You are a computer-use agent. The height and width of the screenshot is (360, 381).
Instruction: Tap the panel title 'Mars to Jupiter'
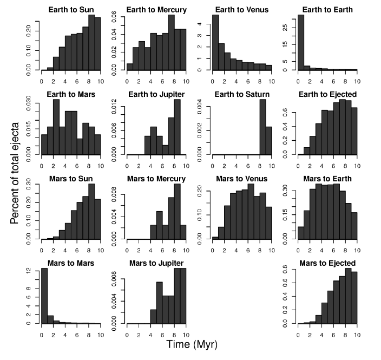point(157,264)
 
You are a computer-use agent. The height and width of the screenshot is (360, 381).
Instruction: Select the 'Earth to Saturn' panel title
point(242,94)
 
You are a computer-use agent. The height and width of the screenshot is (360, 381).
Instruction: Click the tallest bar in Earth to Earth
point(300,42)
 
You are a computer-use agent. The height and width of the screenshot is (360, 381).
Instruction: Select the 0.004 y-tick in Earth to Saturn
point(203,107)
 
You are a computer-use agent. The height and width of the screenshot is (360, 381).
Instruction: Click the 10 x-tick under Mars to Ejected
point(356,330)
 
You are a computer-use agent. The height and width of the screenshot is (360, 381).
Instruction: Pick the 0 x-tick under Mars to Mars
point(42,330)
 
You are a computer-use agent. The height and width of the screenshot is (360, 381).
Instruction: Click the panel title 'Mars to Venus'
point(242,179)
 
